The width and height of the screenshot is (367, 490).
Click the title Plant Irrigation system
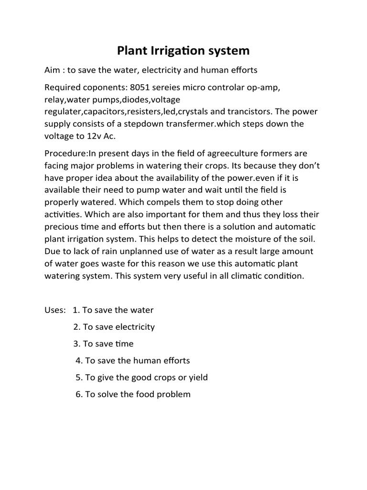(183, 50)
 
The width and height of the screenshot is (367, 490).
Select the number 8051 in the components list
(140, 89)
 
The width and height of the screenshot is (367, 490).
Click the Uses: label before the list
(55, 310)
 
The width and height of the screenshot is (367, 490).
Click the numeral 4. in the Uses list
(79, 360)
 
